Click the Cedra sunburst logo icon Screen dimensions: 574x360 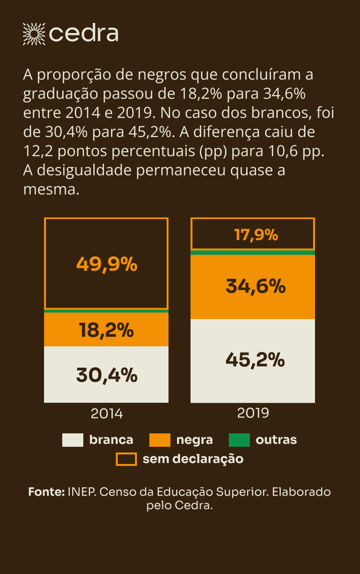click(34, 33)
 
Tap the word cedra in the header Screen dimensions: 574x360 click(83, 33)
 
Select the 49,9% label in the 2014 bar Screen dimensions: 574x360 click(107, 264)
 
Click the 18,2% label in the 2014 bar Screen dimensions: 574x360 click(106, 330)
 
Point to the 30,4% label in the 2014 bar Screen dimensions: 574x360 click(107, 375)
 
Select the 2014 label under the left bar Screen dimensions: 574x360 click(107, 414)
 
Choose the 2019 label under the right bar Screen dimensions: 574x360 click(253, 413)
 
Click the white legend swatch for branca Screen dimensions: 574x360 click(73, 440)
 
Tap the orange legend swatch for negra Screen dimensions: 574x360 click(160, 440)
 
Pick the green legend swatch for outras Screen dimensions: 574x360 click(239, 440)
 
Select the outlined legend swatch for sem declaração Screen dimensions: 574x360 click(126, 459)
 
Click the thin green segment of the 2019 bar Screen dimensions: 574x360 click(253, 252)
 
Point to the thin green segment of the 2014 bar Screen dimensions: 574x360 click(106, 311)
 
